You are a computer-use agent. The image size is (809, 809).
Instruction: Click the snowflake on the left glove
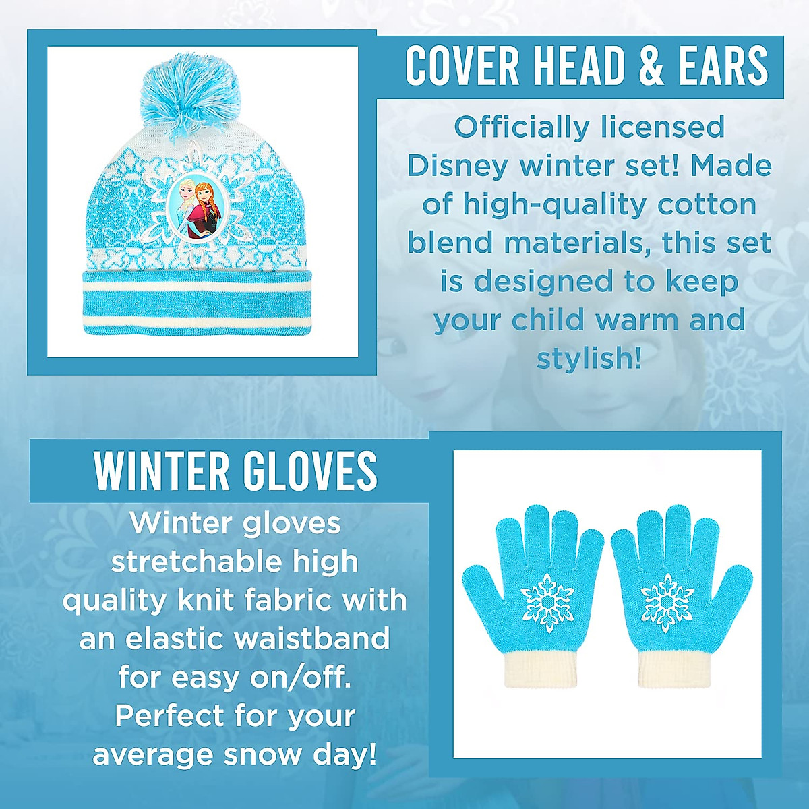547,601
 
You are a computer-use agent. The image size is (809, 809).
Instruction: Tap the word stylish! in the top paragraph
589,359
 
